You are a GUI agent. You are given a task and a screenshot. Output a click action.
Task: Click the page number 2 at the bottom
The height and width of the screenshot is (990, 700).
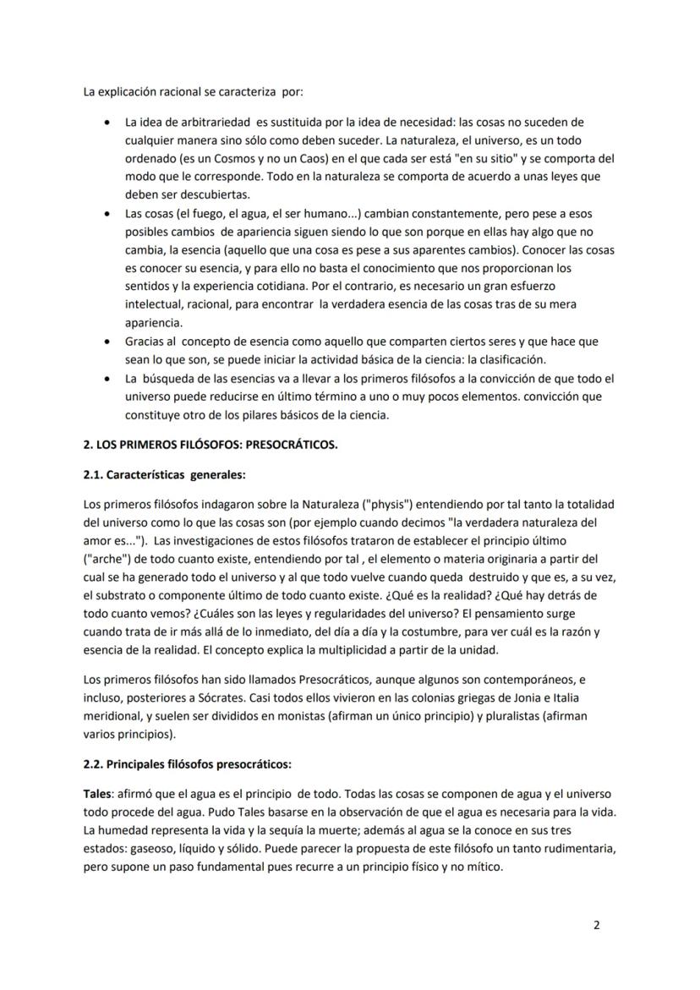(597, 925)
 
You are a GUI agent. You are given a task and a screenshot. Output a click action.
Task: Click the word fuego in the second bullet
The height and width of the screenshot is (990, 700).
(189, 213)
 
